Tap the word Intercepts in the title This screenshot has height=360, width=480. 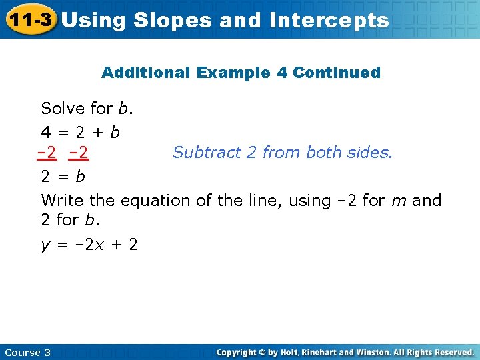click(x=329, y=20)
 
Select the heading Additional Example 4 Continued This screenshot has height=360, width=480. click(x=241, y=73)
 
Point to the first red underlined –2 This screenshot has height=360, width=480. click(x=47, y=153)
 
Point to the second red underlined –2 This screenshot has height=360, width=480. click(x=79, y=153)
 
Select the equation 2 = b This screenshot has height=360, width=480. click(x=63, y=177)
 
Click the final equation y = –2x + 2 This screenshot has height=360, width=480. click(x=90, y=245)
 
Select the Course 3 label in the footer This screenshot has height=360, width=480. click(x=27, y=352)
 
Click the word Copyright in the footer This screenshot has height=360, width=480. click(x=238, y=352)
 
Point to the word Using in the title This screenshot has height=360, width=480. click(x=93, y=20)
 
